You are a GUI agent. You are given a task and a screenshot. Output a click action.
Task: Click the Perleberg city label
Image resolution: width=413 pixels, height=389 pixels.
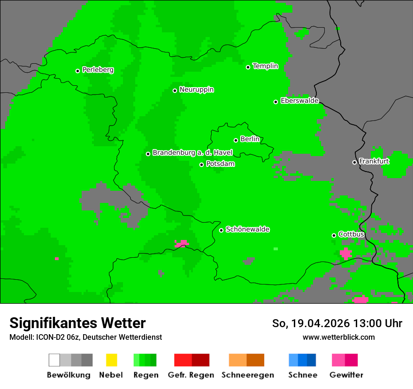(x=98, y=70)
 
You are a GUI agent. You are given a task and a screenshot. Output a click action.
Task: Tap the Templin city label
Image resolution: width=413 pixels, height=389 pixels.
(x=265, y=66)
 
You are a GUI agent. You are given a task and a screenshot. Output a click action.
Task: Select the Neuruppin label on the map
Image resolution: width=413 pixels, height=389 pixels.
(x=196, y=90)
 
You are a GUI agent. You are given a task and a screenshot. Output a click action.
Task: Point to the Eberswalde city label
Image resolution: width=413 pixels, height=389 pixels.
(x=299, y=101)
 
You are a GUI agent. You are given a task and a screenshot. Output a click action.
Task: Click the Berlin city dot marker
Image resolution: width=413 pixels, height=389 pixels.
(x=236, y=140)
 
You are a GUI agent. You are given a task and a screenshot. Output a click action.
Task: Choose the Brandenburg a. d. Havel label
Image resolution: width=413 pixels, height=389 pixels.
(x=192, y=153)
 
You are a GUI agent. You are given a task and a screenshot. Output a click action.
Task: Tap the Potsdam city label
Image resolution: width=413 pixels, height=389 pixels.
(x=220, y=164)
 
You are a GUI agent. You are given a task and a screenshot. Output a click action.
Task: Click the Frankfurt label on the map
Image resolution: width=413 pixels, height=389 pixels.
(x=374, y=161)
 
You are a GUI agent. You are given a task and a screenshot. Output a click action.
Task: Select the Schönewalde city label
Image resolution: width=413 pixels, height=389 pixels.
(x=247, y=229)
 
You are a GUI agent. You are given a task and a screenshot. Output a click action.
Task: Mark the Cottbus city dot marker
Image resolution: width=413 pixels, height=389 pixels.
(x=334, y=235)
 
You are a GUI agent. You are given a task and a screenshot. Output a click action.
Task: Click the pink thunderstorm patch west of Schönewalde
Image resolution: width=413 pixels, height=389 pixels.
(x=182, y=243)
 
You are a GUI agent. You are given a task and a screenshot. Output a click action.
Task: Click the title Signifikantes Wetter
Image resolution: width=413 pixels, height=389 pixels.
(x=77, y=323)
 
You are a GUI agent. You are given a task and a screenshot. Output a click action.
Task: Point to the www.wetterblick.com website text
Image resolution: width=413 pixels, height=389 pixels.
(x=338, y=337)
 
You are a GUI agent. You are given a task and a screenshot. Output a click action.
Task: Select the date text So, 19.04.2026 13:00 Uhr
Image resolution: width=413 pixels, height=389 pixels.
(x=337, y=323)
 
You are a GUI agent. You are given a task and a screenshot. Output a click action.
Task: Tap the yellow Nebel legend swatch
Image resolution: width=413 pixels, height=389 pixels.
(x=111, y=360)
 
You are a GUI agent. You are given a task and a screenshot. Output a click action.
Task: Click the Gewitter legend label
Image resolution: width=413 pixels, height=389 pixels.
(x=346, y=375)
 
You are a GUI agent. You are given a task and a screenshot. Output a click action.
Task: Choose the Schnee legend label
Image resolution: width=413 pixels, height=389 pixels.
(x=302, y=375)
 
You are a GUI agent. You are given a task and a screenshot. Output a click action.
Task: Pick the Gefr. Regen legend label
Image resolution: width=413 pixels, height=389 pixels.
(x=191, y=375)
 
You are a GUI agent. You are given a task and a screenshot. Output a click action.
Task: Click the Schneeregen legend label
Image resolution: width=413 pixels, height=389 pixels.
(x=247, y=375)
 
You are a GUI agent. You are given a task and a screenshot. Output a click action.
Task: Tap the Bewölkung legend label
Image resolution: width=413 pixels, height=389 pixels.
(x=69, y=375)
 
